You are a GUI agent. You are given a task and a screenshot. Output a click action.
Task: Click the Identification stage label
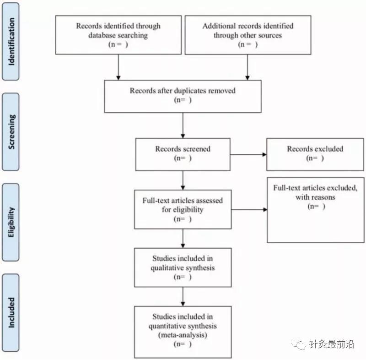click(x=11, y=42)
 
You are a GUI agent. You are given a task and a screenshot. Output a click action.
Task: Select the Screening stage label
click(x=11, y=132)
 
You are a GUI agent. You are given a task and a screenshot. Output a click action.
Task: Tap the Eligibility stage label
click(x=11, y=222)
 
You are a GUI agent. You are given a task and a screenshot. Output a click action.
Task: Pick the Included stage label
click(x=11, y=312)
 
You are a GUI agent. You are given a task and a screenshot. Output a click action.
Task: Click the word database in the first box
click(x=102, y=35)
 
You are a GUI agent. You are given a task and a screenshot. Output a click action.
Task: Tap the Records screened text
click(x=183, y=149)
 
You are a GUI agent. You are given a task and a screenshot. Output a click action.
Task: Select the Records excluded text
click(x=315, y=149)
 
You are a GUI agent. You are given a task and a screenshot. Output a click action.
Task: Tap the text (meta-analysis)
click(x=183, y=335)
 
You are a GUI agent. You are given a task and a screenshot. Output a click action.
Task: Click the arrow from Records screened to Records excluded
click(x=248, y=154)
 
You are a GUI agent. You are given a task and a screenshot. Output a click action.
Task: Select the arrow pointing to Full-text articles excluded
click(x=249, y=210)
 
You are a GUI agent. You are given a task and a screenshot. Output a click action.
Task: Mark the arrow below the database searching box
click(x=118, y=67)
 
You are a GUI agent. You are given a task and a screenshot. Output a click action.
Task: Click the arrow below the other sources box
click(x=248, y=67)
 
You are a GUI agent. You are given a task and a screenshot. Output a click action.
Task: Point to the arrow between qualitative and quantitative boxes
click(x=183, y=297)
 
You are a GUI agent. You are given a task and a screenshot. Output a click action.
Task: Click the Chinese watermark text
click(x=331, y=344)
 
